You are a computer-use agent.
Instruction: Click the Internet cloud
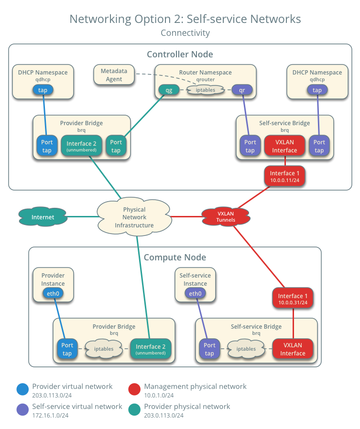pos(43,217)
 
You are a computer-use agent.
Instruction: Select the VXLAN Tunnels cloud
pos(225,216)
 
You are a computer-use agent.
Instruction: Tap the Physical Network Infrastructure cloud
pos(134,217)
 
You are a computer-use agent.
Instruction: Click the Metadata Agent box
pos(114,75)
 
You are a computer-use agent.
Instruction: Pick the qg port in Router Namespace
pos(169,89)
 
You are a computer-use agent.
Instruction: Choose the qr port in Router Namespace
pos(241,89)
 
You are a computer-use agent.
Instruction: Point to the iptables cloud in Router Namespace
pos(206,89)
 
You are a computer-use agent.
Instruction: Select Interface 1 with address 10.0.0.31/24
pos(293,299)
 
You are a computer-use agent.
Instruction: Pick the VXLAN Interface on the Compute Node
pos(293,349)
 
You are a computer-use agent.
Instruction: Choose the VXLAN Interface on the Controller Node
pos(285,146)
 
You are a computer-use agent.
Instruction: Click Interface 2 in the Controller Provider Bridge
pos(81,146)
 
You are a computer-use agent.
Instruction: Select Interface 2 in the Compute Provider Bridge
pos(150,349)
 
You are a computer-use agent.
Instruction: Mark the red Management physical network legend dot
pos(135,389)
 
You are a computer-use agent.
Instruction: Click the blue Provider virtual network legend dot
pos(22,389)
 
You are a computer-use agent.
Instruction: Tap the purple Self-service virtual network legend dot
pos(22,409)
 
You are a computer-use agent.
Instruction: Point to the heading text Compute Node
pos(175,257)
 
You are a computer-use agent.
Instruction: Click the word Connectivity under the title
pos(185,33)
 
